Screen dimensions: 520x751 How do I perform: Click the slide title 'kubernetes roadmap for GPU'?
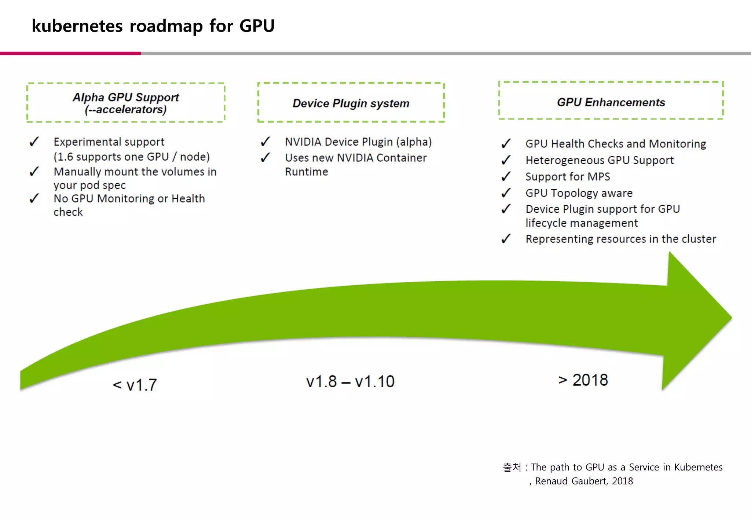pyautogui.click(x=153, y=26)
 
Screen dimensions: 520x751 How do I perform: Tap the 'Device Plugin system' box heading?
pyautogui.click(x=351, y=103)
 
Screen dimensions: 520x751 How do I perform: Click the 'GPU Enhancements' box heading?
pyautogui.click(x=611, y=102)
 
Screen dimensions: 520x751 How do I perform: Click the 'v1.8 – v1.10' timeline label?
pyautogui.click(x=350, y=382)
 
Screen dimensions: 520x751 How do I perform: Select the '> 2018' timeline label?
pyautogui.click(x=583, y=380)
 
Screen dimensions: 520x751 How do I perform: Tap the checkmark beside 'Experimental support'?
pyautogui.click(x=34, y=142)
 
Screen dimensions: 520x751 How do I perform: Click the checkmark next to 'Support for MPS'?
pyautogui.click(x=506, y=176)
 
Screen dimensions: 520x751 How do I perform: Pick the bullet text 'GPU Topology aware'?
pyautogui.click(x=579, y=193)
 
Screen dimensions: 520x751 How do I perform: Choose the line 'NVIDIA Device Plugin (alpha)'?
pyautogui.click(x=358, y=142)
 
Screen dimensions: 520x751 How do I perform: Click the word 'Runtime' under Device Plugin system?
pyautogui.click(x=307, y=172)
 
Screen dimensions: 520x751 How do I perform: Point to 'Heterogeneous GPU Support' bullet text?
pyautogui.click(x=599, y=160)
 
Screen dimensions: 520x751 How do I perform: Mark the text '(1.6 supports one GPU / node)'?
pyautogui.click(x=132, y=157)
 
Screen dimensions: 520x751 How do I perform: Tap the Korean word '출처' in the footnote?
pyautogui.click(x=512, y=467)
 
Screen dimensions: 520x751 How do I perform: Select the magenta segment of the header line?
pyautogui.click(x=70, y=54)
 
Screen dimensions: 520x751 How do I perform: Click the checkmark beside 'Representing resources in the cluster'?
pyautogui.click(x=506, y=239)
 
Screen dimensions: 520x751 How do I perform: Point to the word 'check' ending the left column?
pyautogui.click(x=68, y=212)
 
